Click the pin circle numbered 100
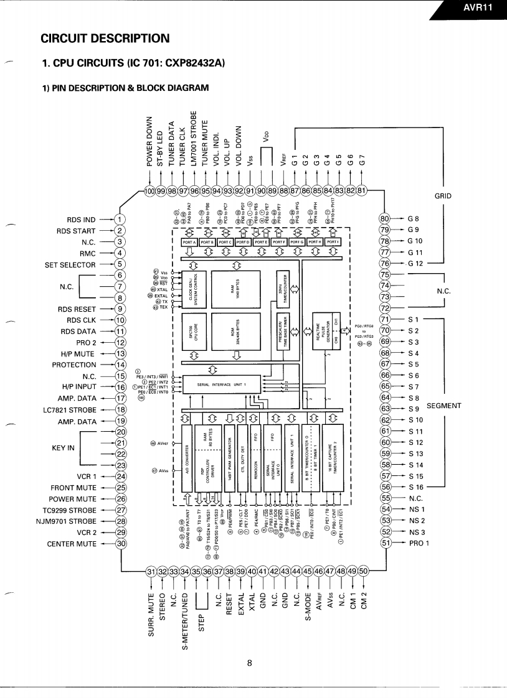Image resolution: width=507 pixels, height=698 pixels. coord(149,190)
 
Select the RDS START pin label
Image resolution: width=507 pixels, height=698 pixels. coord(77,230)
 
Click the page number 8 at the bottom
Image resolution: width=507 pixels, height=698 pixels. coord(249,663)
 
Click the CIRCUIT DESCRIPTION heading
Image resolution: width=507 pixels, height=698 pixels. coord(105,39)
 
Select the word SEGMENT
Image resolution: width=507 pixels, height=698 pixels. coord(444,406)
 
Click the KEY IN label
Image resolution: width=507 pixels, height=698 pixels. coord(64,448)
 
